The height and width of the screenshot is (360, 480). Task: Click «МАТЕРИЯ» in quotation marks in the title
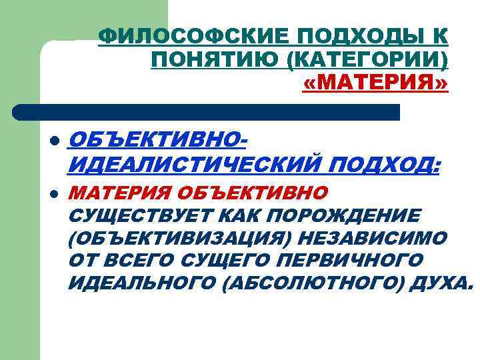[375, 85]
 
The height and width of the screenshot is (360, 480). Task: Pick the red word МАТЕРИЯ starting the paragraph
[116, 193]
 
